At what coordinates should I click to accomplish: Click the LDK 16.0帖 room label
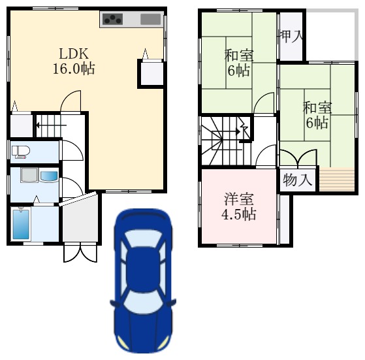pos(74,61)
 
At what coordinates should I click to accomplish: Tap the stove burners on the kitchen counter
pos(113,19)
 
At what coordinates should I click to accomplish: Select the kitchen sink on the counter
pos(151,19)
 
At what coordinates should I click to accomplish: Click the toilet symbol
pos(20,152)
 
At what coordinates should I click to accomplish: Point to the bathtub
pos(21,225)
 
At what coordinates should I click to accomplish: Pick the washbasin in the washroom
pos(49,176)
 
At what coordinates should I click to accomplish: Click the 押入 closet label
pos(291,37)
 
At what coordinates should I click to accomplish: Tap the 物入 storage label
pos(297,180)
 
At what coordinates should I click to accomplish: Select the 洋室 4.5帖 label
pos(239,206)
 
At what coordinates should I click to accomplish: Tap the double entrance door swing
pos(80,252)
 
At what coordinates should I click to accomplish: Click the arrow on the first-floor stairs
pos(51,125)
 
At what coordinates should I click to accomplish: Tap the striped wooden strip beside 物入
pos(337,179)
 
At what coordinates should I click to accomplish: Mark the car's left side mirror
pos(114,304)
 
